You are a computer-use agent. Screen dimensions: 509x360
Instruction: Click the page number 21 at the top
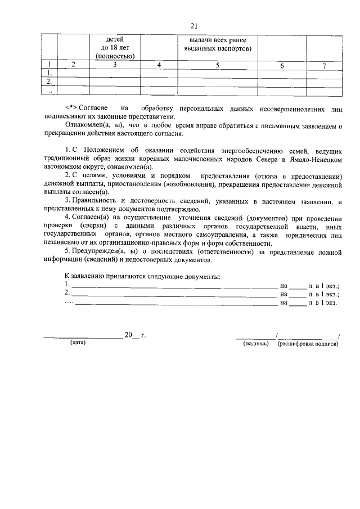(194, 26)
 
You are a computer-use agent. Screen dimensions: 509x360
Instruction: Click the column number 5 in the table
(217, 66)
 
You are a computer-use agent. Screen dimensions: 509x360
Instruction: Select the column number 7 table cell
(323, 66)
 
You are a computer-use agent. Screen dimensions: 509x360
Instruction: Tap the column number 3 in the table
(114, 66)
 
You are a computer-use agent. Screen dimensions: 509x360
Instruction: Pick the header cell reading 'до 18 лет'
(115, 48)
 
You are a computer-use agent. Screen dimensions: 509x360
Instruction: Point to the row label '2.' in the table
(49, 82)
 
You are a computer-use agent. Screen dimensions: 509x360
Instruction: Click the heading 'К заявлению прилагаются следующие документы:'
(142, 276)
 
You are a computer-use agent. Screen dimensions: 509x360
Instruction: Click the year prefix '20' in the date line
(128, 335)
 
